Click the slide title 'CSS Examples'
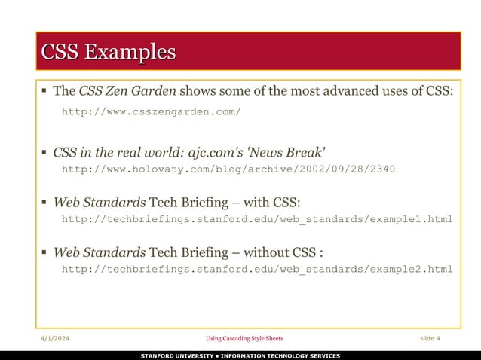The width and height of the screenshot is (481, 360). (108, 52)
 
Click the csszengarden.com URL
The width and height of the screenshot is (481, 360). (151, 112)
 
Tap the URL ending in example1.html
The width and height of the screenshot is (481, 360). (256, 219)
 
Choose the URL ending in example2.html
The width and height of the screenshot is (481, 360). (256, 269)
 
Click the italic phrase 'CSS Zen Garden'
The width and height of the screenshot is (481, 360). (127, 92)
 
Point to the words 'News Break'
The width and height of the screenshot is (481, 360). (294, 151)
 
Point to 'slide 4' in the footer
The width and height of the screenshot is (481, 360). (430, 338)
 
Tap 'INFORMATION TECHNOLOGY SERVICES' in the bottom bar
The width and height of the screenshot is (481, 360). (280, 355)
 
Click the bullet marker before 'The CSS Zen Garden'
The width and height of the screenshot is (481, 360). (44, 92)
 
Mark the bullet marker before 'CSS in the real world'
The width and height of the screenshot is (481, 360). (44, 151)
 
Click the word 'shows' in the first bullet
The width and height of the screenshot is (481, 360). (198, 92)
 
